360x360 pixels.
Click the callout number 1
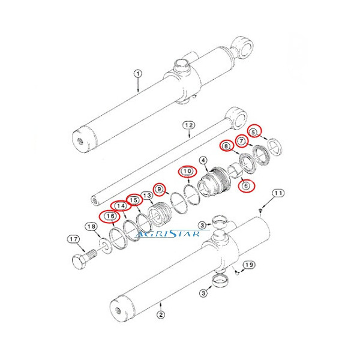pyautogui.click(x=137, y=74)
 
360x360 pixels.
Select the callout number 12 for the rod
pyautogui.click(x=188, y=125)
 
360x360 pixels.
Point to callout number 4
pyautogui.click(x=203, y=160)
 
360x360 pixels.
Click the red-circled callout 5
pyautogui.click(x=254, y=131)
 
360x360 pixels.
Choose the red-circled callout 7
pyautogui.click(x=241, y=142)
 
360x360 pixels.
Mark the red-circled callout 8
pyautogui.click(x=226, y=146)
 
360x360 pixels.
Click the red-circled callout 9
pyautogui.click(x=159, y=190)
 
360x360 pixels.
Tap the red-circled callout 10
pyautogui.click(x=187, y=171)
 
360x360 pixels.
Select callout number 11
pyautogui.click(x=278, y=193)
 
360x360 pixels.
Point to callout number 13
pyautogui.click(x=146, y=196)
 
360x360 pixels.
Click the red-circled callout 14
pyautogui.click(x=122, y=206)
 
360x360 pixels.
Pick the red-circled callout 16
pyautogui.click(x=110, y=217)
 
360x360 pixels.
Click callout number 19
pyautogui.click(x=249, y=265)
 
